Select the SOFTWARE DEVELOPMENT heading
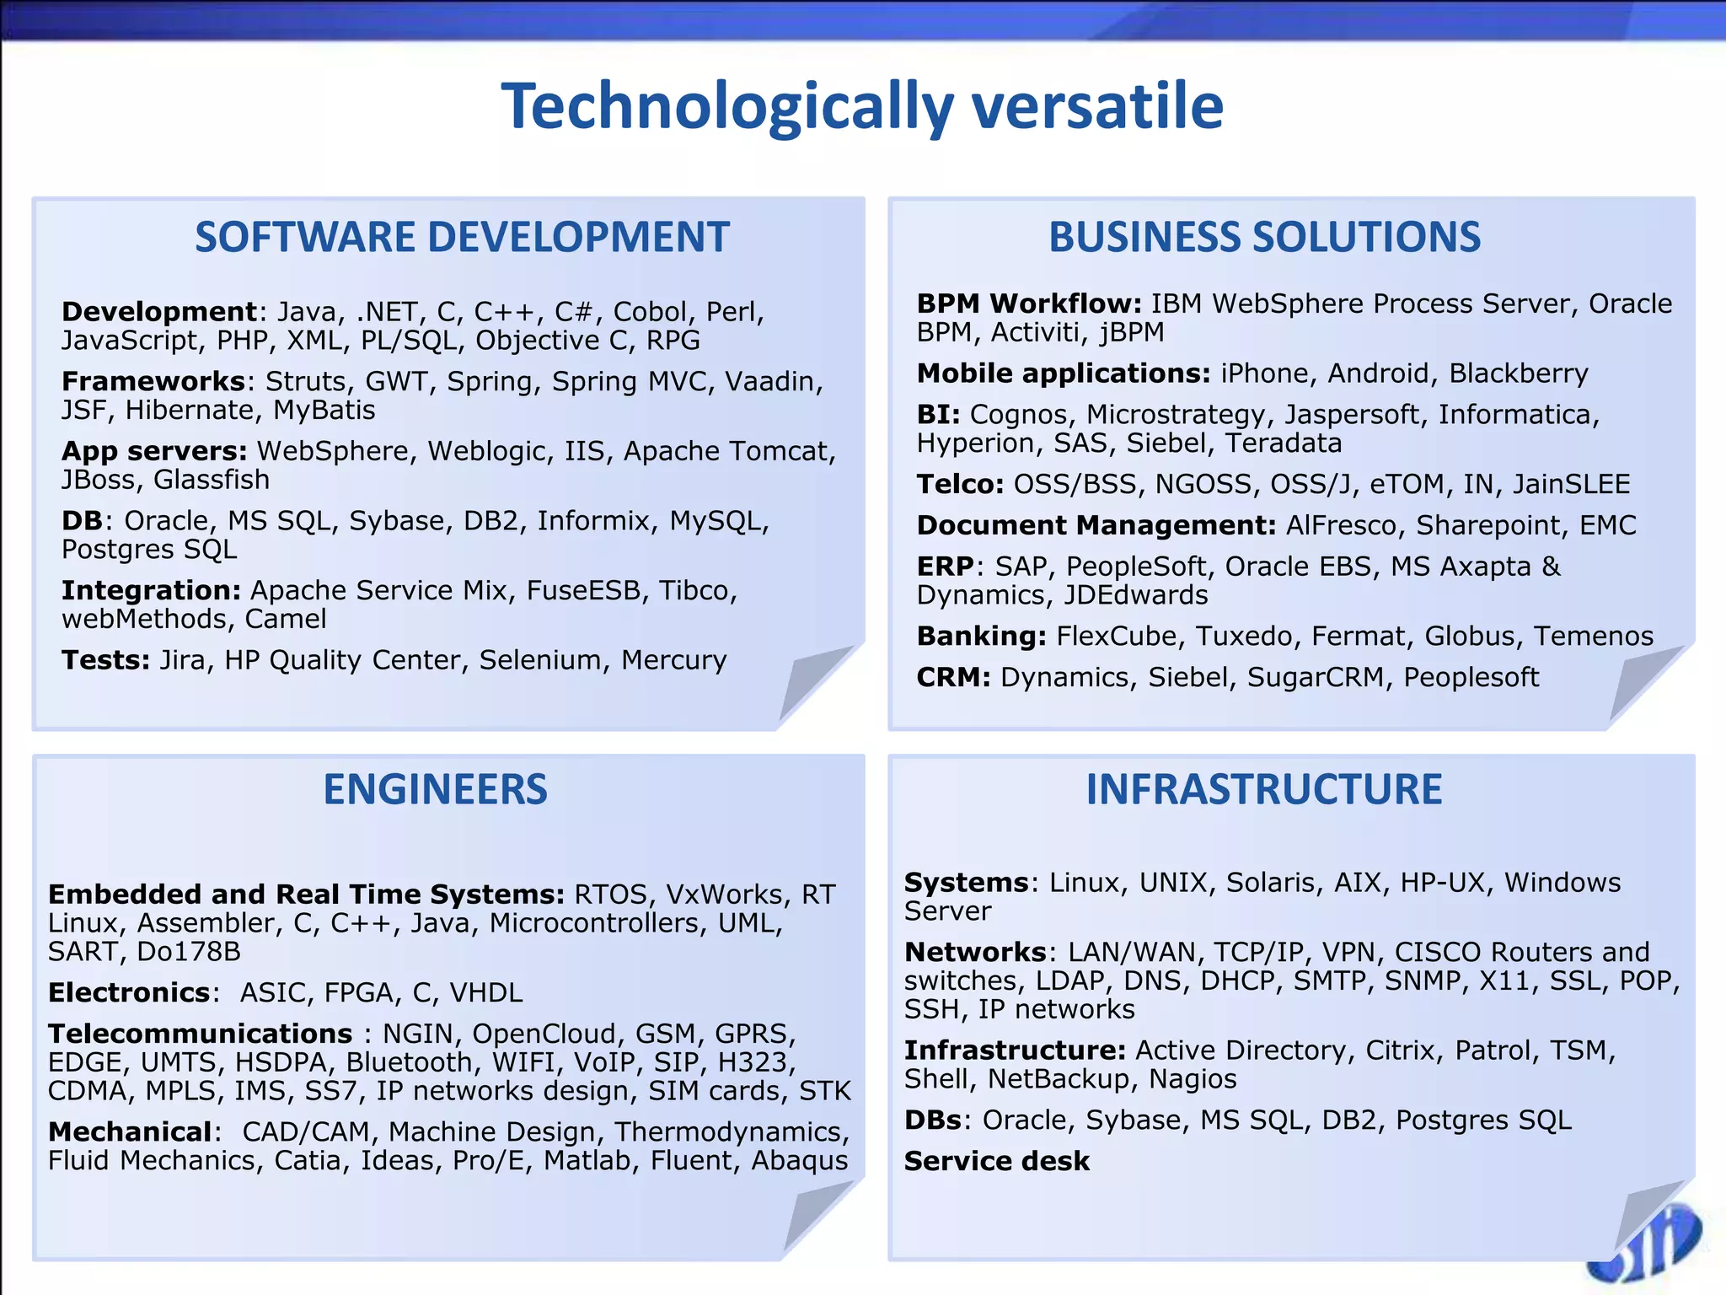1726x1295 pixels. click(x=462, y=237)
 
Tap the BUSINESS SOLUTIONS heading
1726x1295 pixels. click(x=1264, y=237)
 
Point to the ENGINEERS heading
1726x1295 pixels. click(x=435, y=790)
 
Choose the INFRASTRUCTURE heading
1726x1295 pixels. click(x=1263, y=790)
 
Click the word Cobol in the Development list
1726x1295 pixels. click(x=650, y=312)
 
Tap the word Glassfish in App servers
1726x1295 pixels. click(x=212, y=480)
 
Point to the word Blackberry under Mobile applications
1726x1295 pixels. click(x=1519, y=373)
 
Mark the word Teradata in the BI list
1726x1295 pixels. click(x=1284, y=443)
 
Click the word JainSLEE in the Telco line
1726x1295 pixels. click(x=1571, y=485)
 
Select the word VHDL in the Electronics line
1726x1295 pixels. click(x=486, y=993)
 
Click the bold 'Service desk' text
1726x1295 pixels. click(x=997, y=1162)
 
